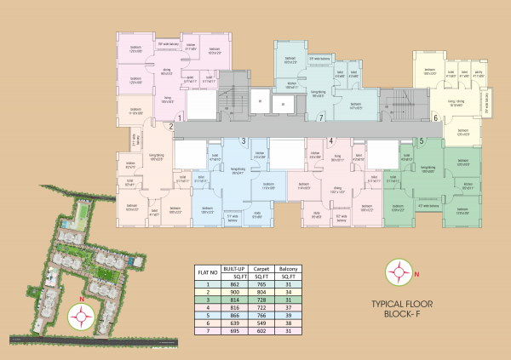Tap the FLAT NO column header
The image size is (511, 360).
coord(205,271)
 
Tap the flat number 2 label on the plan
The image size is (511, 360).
coord(171,128)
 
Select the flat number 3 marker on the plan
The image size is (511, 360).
coord(244,141)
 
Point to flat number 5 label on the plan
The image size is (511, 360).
coord(421,140)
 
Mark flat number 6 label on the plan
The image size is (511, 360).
coord(435,118)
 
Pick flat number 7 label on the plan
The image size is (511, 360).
coord(320,117)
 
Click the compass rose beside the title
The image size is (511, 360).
coord(399,271)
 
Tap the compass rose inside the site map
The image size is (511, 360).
coord(82,316)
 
